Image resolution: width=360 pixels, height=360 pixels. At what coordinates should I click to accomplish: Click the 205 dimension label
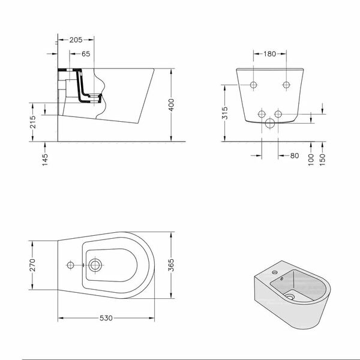point(76,40)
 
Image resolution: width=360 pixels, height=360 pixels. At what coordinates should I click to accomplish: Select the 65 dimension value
point(86,54)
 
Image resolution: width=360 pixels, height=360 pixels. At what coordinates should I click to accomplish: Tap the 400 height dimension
point(171,105)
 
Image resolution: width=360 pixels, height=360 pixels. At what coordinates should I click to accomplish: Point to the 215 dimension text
point(33,122)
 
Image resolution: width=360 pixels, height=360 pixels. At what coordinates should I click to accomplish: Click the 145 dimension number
point(45,160)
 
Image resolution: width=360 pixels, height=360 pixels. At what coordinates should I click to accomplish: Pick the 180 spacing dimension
point(269,54)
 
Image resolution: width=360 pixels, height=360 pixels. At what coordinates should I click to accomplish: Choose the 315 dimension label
point(225,113)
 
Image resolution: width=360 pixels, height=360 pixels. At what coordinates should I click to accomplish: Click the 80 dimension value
point(295,155)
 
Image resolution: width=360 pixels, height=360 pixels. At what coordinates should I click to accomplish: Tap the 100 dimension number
point(310,160)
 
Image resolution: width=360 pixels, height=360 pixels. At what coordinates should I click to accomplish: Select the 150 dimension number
point(322,160)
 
